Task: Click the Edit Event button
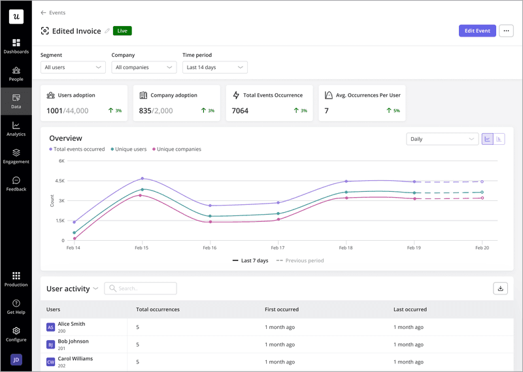tap(477, 31)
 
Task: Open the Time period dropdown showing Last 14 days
tap(214, 67)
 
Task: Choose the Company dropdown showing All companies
tap(143, 67)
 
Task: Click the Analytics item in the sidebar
tap(16, 129)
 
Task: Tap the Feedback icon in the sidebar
tap(16, 181)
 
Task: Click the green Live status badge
tap(122, 31)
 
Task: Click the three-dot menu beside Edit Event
tap(506, 31)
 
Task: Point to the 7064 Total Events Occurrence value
tap(240, 111)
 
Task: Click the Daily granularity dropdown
tap(442, 139)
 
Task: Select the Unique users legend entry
tap(129, 149)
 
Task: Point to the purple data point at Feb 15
tap(142, 178)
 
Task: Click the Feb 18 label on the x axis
tap(346, 248)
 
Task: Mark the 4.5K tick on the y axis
tap(59, 181)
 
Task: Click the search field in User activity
tap(141, 288)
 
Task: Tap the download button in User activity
tap(500, 288)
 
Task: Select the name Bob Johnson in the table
tap(73, 341)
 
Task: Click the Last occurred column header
tap(410, 309)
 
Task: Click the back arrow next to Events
tap(43, 12)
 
